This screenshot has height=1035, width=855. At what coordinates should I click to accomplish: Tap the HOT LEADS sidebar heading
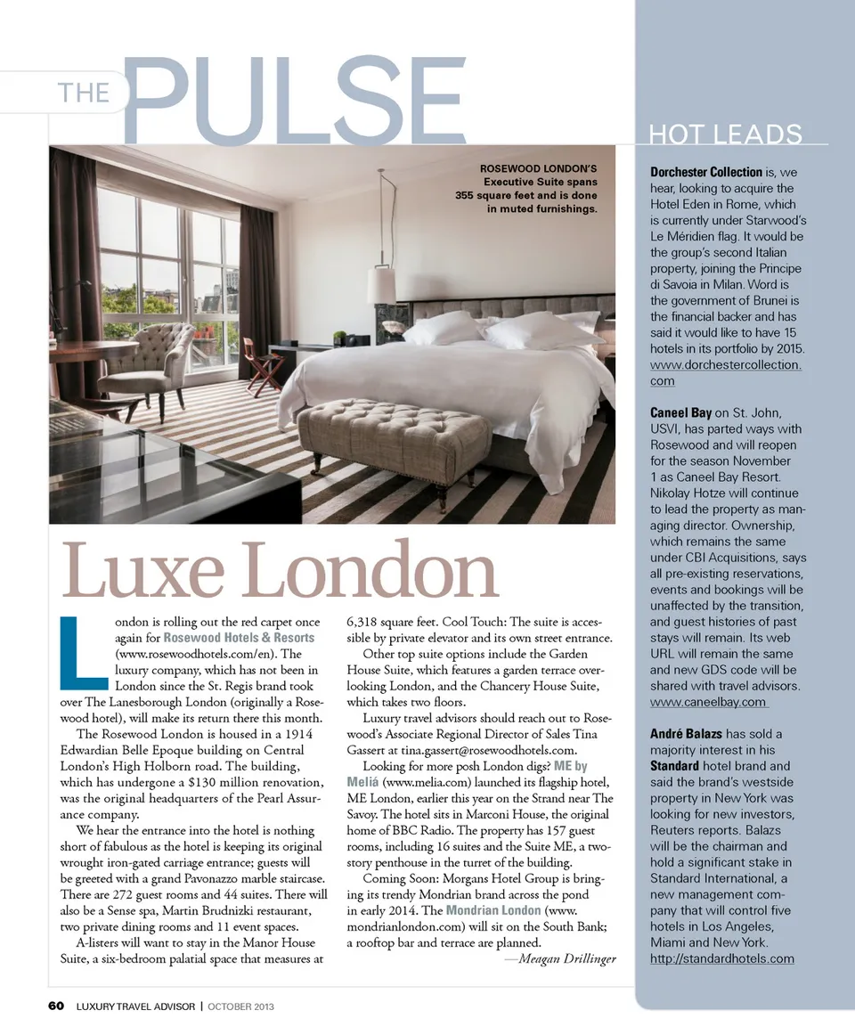[x=726, y=135]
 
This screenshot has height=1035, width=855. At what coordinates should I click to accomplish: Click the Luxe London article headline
[x=279, y=571]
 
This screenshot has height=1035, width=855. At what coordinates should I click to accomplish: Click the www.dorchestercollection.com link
[x=727, y=372]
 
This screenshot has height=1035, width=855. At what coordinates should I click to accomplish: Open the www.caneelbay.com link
[x=709, y=702]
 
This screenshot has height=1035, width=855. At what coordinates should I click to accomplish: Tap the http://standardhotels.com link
[x=721, y=958]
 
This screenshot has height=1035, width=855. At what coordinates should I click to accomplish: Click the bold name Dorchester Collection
[x=706, y=172]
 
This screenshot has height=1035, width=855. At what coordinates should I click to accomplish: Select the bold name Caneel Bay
[x=680, y=412]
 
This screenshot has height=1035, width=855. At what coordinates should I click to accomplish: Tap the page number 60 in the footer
[x=56, y=1006]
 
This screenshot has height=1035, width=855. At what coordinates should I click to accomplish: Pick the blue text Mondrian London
[x=493, y=910]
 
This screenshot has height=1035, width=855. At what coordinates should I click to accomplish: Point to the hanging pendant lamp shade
[x=381, y=285]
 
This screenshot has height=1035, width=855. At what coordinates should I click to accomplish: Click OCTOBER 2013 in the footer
[x=240, y=1006]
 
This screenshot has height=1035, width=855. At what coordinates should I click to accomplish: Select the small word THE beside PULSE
[x=83, y=93]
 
